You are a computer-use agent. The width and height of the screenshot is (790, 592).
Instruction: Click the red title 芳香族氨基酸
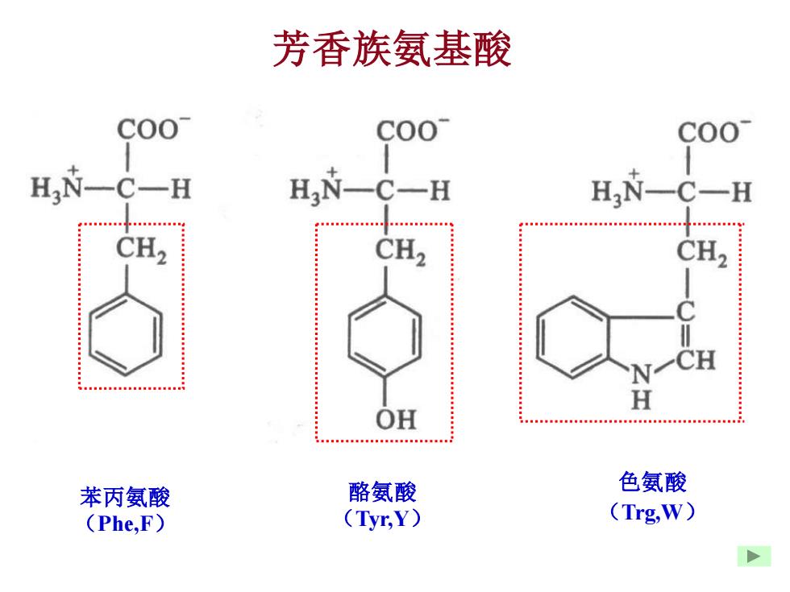point(392,49)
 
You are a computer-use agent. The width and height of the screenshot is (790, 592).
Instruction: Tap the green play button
point(754,556)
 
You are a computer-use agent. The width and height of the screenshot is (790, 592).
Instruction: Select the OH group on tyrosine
point(396,420)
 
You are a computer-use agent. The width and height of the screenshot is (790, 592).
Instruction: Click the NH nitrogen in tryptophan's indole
point(642,374)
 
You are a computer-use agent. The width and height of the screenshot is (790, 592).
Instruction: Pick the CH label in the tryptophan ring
point(696,360)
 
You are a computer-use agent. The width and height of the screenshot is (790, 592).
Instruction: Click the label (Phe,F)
point(126,524)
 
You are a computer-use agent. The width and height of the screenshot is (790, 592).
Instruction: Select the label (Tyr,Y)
point(382,519)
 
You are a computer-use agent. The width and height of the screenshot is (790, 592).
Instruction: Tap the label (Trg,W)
point(652,512)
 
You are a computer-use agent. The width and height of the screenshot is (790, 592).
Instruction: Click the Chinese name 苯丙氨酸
point(125,498)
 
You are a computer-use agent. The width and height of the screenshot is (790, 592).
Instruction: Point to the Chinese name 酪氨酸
point(382,492)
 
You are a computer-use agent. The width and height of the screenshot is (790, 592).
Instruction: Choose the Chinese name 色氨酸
point(652,482)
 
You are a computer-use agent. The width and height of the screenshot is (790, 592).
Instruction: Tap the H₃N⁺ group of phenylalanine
point(57,186)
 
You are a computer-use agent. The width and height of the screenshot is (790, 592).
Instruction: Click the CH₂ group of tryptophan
point(702,252)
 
